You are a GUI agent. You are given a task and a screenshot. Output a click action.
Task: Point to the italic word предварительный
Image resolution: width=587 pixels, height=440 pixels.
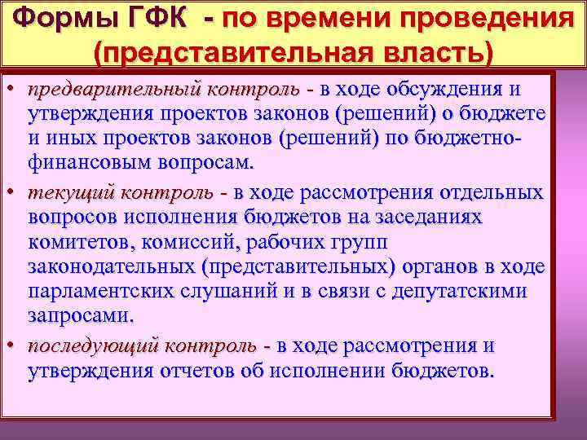click(115, 88)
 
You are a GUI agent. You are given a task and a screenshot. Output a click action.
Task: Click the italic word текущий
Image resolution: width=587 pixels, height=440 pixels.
click(71, 193)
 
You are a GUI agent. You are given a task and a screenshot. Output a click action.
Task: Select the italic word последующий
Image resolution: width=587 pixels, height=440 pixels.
click(92, 346)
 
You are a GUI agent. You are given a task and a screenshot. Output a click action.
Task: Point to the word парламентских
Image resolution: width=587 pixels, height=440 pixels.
click(104, 291)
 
